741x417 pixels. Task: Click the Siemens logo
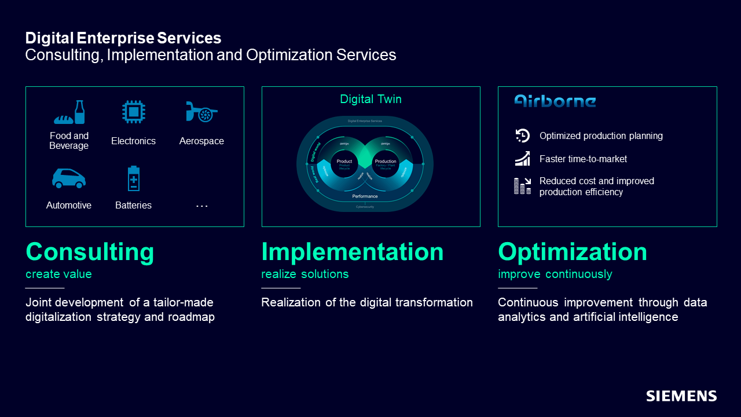coord(681,396)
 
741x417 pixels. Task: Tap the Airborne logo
coord(555,101)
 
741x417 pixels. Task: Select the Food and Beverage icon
coord(69,112)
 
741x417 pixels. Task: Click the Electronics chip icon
coord(134,112)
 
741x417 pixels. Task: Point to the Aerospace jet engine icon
coord(201,112)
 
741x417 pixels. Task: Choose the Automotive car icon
coord(69,178)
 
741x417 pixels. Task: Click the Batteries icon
coord(134,178)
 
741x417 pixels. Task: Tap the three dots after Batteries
coord(201,206)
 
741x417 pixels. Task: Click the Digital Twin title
coord(370,99)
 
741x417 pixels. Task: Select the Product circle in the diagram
coord(344,163)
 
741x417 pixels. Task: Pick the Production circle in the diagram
coord(386,163)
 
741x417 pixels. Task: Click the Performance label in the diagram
coord(365,196)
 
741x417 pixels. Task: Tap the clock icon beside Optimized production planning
coord(522,136)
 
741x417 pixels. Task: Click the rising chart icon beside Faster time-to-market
coord(522,158)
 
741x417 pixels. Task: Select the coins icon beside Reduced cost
coord(522,185)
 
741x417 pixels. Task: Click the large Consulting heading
coord(90,252)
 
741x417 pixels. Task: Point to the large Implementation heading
coord(352,252)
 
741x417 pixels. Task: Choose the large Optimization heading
coord(573,252)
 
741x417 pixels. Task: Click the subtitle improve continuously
coord(555,274)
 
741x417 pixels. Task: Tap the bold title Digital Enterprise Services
coord(123,38)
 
